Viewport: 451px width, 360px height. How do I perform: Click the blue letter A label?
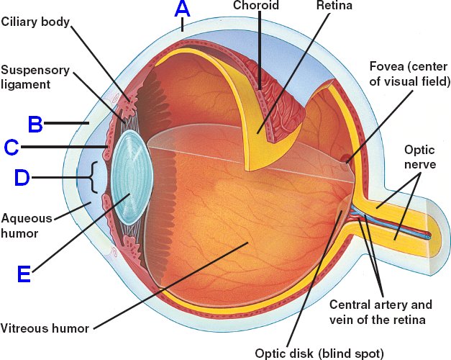pyautogui.click(x=183, y=9)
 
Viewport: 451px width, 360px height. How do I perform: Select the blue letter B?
pyautogui.click(x=35, y=124)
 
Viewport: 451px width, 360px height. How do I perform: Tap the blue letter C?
pyautogui.click(x=12, y=148)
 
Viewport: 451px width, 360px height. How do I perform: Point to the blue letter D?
pyautogui.click(x=22, y=177)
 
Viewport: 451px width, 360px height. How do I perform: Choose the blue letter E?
pyautogui.click(x=24, y=274)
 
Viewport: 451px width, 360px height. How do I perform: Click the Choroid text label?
pyautogui.click(x=255, y=6)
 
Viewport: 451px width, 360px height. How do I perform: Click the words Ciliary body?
pyautogui.click(x=35, y=22)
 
